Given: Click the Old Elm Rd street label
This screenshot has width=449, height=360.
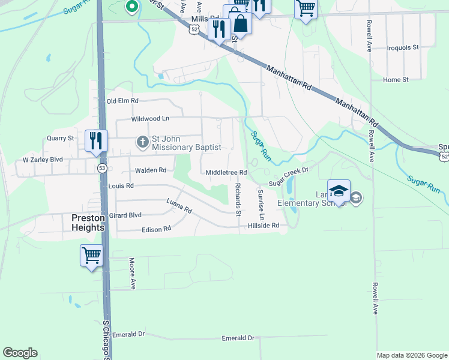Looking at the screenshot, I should [122, 101].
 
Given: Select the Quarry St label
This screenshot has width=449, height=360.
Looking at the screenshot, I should [60, 138].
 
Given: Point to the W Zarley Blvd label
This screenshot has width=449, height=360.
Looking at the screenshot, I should [43, 160].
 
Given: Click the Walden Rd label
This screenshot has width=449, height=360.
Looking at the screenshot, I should [151, 170].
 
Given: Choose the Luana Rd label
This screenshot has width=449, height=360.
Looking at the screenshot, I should [179, 207].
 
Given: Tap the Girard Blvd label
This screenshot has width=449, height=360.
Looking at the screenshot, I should [125, 215].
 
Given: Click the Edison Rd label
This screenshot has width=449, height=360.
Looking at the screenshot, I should [156, 229].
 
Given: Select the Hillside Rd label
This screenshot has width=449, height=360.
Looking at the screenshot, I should [264, 226].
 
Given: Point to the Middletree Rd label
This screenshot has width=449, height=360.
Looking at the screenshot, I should [226, 173].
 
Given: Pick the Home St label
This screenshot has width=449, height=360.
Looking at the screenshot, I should [396, 79].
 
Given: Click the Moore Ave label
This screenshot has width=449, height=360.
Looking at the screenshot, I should [131, 274].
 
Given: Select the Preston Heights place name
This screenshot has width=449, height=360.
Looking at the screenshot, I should [88, 223].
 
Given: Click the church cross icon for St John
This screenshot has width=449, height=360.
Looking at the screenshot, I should [142, 142].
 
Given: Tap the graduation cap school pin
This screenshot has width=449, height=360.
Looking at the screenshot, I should [339, 191].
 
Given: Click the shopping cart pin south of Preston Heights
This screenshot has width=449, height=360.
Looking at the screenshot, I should [92, 256].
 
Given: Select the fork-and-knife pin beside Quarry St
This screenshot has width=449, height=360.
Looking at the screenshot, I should [96, 141].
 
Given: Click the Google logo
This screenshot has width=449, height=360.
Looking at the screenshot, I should [20, 353].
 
